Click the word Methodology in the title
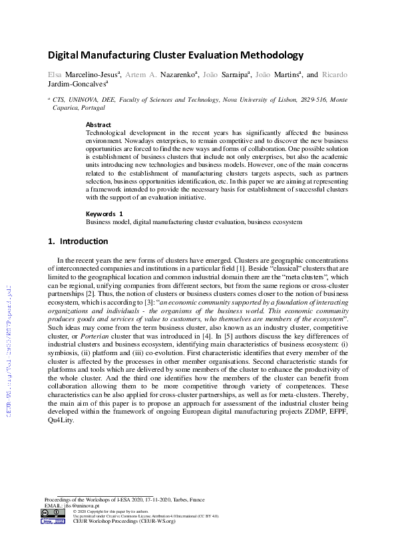point(266,55)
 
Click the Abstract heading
point(99,124)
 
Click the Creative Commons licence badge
point(53,513)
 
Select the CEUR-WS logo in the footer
point(53,522)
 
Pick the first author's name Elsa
point(55,74)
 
